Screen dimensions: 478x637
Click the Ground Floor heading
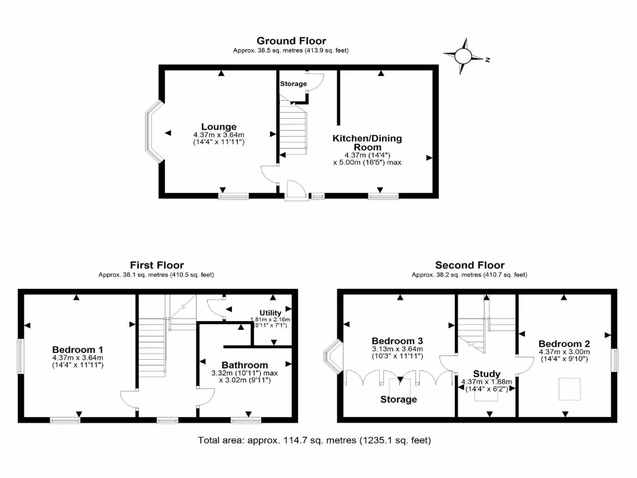pos(291,41)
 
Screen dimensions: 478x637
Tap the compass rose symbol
pos(464,56)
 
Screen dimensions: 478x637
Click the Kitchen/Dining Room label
pos(367,142)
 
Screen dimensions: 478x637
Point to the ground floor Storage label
pos(293,83)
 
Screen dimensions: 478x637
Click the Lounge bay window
pos(152,132)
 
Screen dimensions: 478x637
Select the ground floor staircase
pos(293,129)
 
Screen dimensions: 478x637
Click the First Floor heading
pos(157,265)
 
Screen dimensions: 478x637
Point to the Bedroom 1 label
pos(78,349)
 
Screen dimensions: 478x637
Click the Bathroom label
pos(245,365)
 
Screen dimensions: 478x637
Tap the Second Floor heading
pos(470,265)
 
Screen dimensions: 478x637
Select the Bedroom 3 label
pos(398,341)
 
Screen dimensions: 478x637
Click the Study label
pos(486,374)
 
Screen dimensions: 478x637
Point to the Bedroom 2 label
pos(564,344)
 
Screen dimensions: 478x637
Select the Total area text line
pos(314,440)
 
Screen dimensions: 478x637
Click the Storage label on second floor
pos(399,399)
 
